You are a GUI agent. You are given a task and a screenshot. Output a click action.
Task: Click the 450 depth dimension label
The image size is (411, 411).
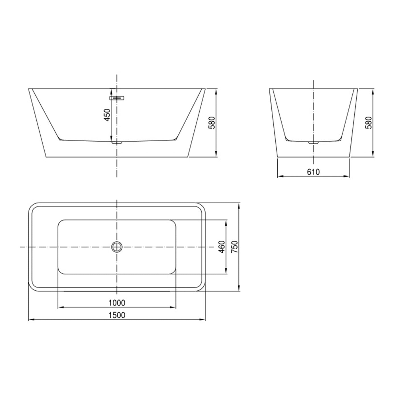click(x=107, y=115)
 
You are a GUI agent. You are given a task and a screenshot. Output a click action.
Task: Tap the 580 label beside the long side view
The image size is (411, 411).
click(x=212, y=123)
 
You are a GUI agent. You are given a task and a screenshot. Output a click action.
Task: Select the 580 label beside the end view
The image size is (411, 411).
click(x=368, y=123)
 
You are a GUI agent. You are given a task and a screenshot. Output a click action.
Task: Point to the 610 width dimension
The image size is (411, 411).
click(x=313, y=172)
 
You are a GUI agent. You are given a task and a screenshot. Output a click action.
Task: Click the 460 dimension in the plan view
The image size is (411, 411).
click(x=222, y=247)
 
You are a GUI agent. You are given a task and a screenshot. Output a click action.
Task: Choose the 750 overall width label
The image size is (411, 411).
click(x=234, y=247)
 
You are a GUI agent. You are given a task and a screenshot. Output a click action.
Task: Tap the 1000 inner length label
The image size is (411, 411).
click(x=117, y=302)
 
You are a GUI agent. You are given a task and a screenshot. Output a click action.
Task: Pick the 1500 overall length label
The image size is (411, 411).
click(x=117, y=315)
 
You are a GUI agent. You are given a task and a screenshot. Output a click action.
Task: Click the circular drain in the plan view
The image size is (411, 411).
click(x=117, y=247)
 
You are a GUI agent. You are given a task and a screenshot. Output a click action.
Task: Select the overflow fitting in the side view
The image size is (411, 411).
click(x=117, y=98)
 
